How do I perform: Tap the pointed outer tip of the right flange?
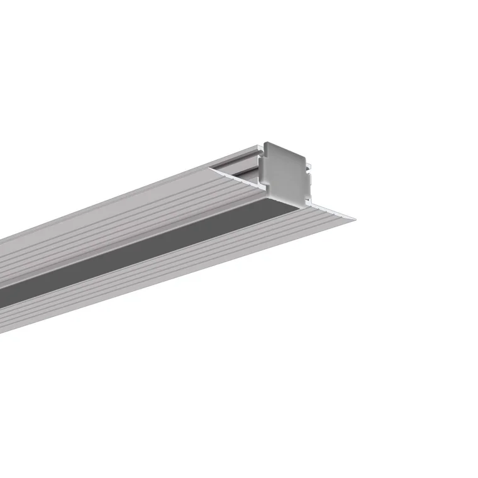354,219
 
